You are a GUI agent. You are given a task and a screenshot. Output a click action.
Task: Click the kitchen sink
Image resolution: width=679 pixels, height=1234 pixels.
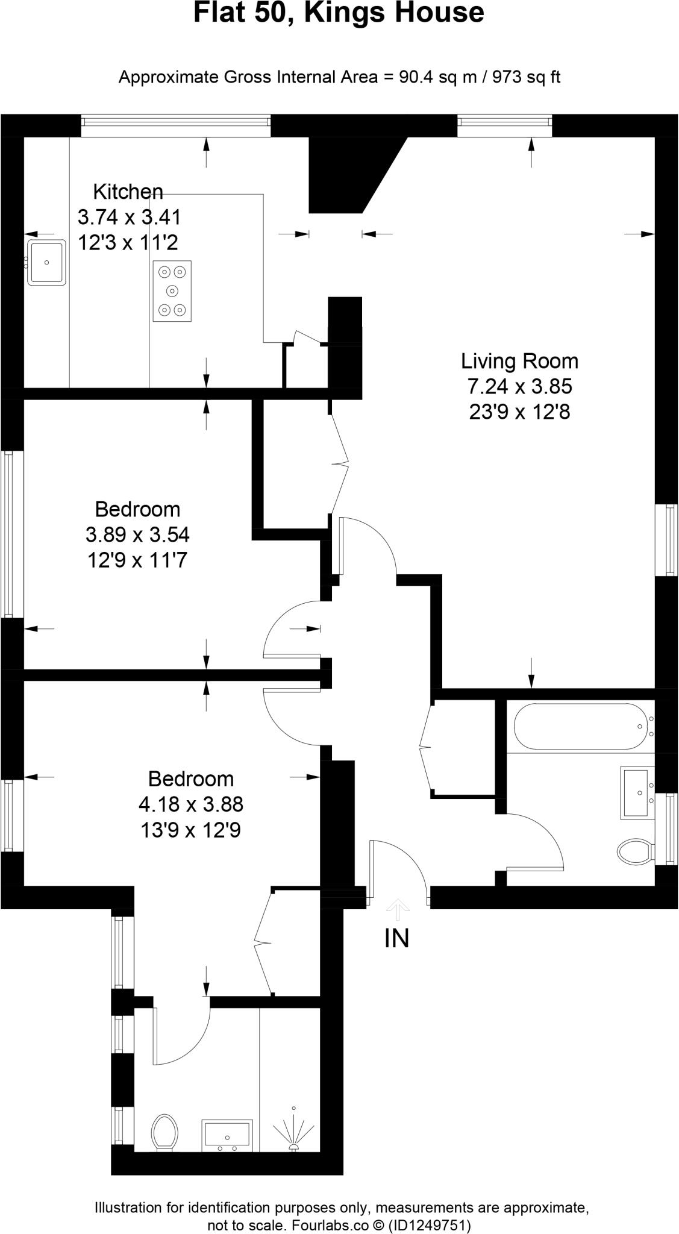point(46,262)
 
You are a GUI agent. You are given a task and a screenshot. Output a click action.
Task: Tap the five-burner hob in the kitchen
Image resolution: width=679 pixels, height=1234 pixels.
point(172,291)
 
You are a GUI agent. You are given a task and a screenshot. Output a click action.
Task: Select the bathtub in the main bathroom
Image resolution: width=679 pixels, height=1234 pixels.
point(579,726)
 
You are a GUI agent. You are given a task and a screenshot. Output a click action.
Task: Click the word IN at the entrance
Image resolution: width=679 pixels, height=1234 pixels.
point(396,939)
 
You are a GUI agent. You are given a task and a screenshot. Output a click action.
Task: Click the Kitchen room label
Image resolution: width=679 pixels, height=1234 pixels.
point(128,192)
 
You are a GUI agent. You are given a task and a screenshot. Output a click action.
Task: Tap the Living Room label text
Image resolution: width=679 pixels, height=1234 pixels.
point(519,361)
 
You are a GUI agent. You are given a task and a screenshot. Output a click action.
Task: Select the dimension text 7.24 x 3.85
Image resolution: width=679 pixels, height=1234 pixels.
point(519,386)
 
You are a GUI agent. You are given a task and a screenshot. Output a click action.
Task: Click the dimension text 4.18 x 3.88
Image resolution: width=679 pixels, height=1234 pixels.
point(190,804)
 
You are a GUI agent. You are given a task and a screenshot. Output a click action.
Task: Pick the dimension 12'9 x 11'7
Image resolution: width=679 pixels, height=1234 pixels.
point(137,560)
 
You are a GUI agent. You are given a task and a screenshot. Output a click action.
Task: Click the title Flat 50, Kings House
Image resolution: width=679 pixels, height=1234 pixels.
point(339,13)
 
